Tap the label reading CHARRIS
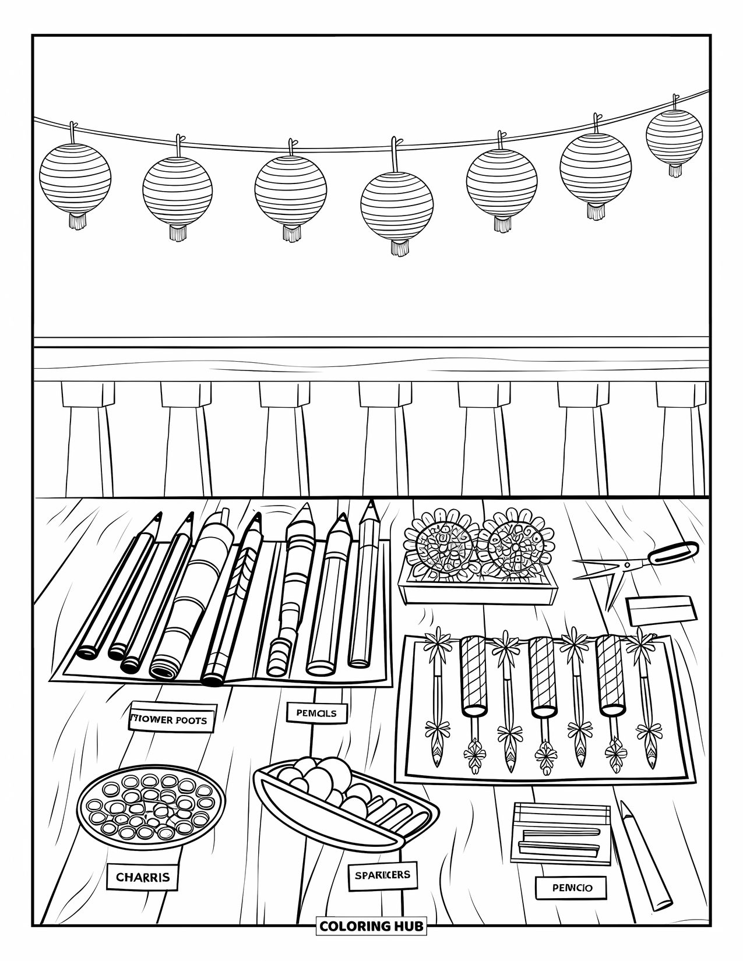coord(142,877)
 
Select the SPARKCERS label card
coord(382,874)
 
